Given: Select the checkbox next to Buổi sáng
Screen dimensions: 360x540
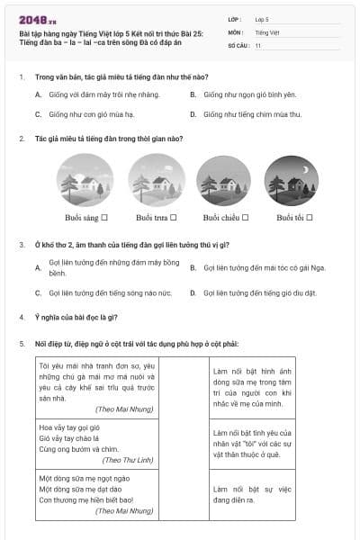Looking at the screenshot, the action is pyautogui.click(x=104, y=217).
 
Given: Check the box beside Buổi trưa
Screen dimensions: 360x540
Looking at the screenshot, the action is pyautogui.click(x=174, y=217).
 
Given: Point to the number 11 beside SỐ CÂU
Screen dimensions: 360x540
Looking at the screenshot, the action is pyautogui.click(x=258, y=44).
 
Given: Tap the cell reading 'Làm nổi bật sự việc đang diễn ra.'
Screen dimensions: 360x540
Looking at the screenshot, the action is pyautogui.click(x=253, y=494).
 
